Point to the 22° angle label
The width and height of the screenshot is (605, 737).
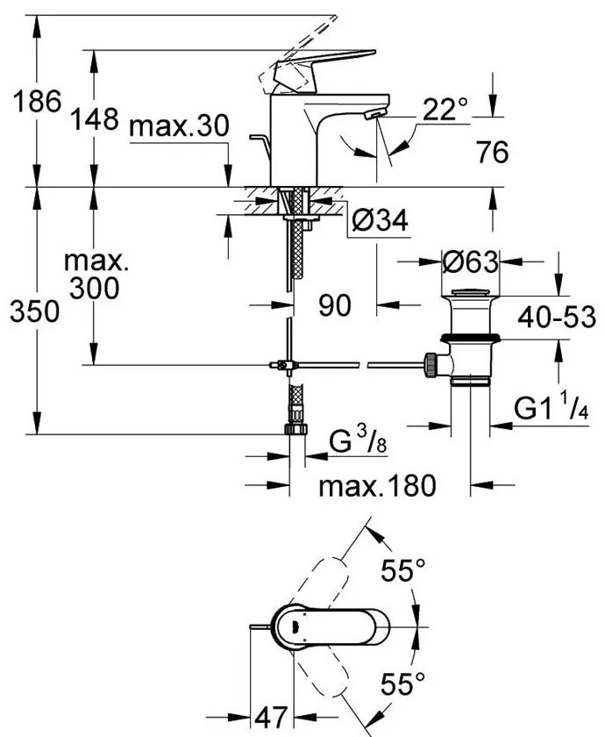pos(445,111)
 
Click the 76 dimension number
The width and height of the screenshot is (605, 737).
pos(494,153)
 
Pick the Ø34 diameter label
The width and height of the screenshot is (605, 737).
pos(381,224)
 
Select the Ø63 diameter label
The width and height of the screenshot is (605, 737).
pos(470,261)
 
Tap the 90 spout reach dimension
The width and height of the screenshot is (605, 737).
pos(334,305)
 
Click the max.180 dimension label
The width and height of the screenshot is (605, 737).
pos(377,486)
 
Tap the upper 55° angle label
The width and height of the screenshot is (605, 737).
pos(402,572)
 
